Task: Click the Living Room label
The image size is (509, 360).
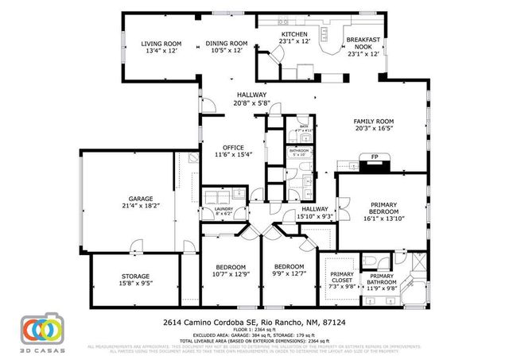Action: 161,43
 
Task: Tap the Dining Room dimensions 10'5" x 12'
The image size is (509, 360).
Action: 228,51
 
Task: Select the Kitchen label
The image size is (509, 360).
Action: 293,35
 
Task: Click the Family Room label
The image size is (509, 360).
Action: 374,122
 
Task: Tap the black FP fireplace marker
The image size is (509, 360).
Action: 373,157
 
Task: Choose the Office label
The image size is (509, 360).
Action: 233,147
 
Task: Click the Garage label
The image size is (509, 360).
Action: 141,198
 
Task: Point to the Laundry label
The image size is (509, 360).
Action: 215,209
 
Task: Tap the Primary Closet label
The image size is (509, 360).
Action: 341,277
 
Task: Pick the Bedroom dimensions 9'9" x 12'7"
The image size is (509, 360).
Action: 289,274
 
